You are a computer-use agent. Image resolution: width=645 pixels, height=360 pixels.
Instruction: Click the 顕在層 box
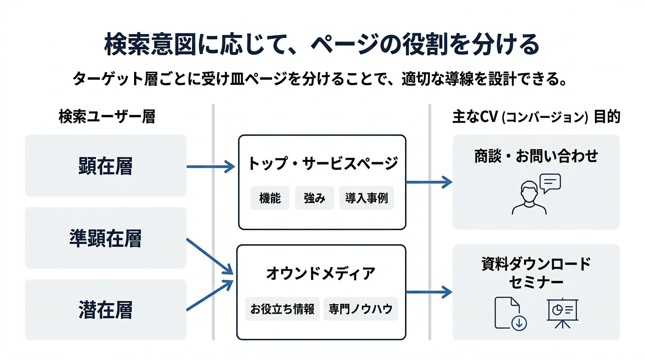click(x=105, y=166)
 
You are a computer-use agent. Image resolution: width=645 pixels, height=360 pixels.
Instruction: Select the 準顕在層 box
click(x=105, y=238)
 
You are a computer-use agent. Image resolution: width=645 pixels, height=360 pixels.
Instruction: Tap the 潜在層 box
click(x=105, y=310)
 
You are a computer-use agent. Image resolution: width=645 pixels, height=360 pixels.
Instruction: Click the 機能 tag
click(x=270, y=198)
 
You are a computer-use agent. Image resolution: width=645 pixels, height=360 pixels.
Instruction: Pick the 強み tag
click(x=314, y=198)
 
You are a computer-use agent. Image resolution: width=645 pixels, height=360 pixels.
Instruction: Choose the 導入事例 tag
click(x=367, y=198)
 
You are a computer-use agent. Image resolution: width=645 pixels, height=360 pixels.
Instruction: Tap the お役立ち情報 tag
click(x=282, y=309)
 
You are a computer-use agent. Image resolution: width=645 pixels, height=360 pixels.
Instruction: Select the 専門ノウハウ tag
click(x=360, y=309)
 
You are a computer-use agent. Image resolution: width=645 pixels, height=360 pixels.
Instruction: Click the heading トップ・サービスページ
click(x=322, y=164)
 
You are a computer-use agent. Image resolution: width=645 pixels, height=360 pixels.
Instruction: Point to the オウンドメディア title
click(x=321, y=273)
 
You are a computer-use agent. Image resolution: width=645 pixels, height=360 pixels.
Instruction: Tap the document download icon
click(x=510, y=313)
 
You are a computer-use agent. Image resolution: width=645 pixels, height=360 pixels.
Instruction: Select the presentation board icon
click(x=562, y=312)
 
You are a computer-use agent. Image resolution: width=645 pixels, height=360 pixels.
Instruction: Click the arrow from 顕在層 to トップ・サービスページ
click(x=210, y=166)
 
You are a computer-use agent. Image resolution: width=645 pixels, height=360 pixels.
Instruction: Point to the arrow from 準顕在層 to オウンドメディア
click(x=210, y=256)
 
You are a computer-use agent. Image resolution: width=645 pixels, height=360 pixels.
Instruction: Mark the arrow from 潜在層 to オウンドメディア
click(x=210, y=295)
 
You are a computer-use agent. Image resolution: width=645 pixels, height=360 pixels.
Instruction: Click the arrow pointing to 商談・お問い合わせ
click(x=429, y=182)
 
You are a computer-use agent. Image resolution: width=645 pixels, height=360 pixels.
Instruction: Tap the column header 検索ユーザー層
click(x=106, y=117)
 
